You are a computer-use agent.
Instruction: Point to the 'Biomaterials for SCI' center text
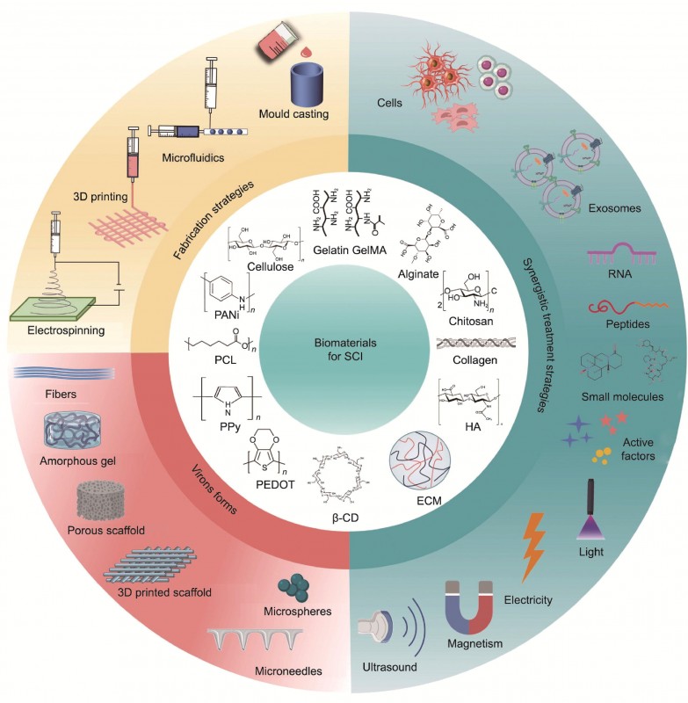(344, 349)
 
